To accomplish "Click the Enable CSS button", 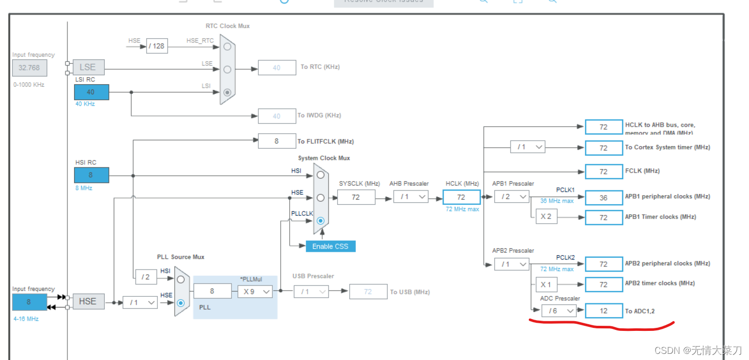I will [330, 246].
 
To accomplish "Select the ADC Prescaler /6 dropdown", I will [559, 310].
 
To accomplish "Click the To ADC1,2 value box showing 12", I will [603, 310].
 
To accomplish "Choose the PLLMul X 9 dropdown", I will [254, 292].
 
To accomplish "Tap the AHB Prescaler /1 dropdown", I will [411, 197].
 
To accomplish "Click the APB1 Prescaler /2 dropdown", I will [511, 197].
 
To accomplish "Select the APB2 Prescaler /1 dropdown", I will [511, 264].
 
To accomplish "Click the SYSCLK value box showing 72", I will [356, 197].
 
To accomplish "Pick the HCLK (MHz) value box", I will [461, 197].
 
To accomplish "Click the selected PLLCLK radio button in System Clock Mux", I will [320, 221].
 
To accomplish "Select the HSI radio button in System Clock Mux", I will [320, 175].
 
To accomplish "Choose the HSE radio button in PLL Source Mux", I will [181, 302].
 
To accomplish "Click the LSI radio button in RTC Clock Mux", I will [227, 92].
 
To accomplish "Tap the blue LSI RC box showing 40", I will [91, 92].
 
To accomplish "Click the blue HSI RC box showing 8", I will [91, 175].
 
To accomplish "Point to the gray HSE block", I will [87, 301].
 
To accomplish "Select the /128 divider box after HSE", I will [157, 46].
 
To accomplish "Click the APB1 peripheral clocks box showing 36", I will [603, 198].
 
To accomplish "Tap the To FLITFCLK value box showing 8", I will [276, 141].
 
